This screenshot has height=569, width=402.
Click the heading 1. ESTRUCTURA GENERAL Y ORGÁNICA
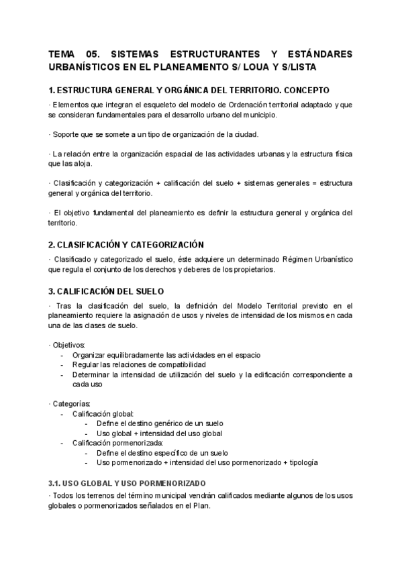pyautogui.click(x=189, y=91)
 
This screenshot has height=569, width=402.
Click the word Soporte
pyautogui.click(x=67, y=134)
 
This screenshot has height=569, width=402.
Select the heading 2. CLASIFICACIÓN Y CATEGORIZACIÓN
pyautogui.click(x=126, y=244)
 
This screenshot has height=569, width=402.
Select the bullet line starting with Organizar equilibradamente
pyautogui.click(x=166, y=354)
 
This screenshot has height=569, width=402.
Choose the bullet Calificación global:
pyautogui.click(x=103, y=413)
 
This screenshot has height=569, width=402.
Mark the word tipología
pyautogui.click(x=301, y=462)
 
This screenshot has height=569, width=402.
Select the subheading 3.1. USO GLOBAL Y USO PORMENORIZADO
pyautogui.click(x=127, y=483)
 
